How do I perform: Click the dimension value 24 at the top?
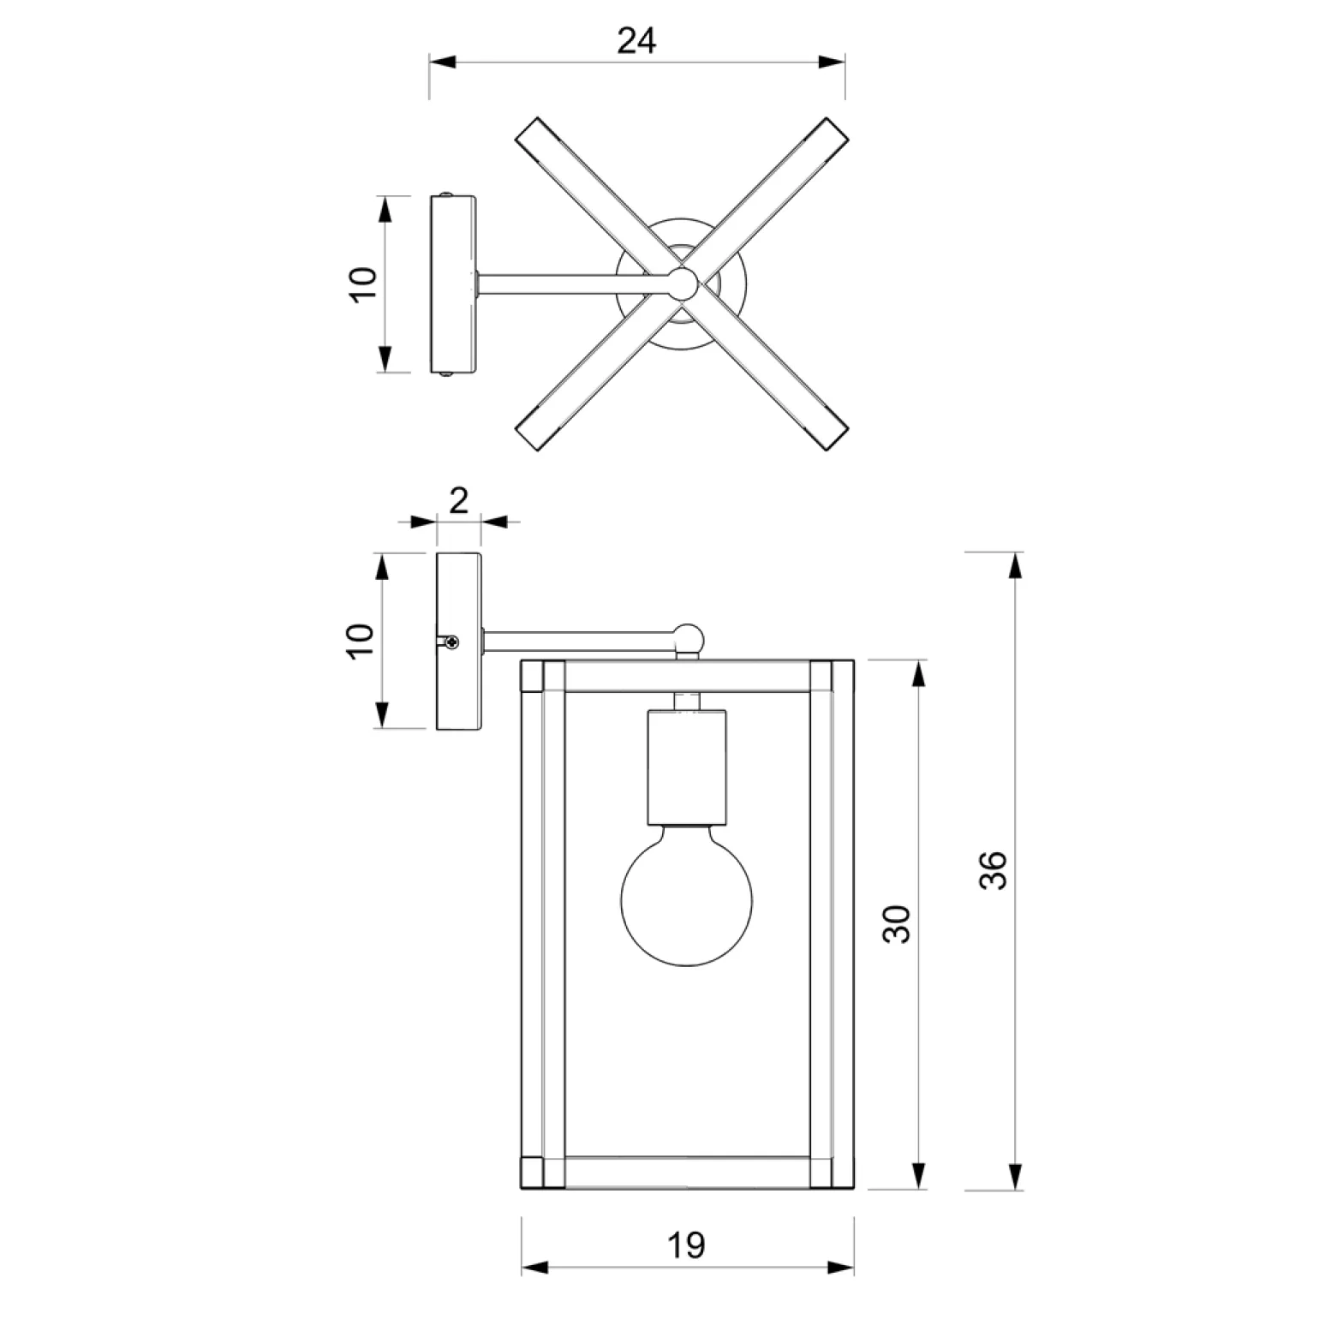(x=636, y=40)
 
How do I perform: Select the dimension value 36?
(x=993, y=870)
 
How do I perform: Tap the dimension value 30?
(x=897, y=924)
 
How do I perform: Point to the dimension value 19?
(x=686, y=1244)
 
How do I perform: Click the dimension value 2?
(x=459, y=500)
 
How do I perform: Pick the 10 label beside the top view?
(x=363, y=283)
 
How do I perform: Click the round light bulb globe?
(x=686, y=895)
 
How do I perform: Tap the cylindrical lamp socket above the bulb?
(x=686, y=764)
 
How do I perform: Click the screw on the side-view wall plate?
(x=451, y=642)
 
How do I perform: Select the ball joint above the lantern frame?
(x=687, y=638)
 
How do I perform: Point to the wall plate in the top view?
(x=453, y=284)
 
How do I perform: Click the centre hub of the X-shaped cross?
(x=683, y=283)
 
